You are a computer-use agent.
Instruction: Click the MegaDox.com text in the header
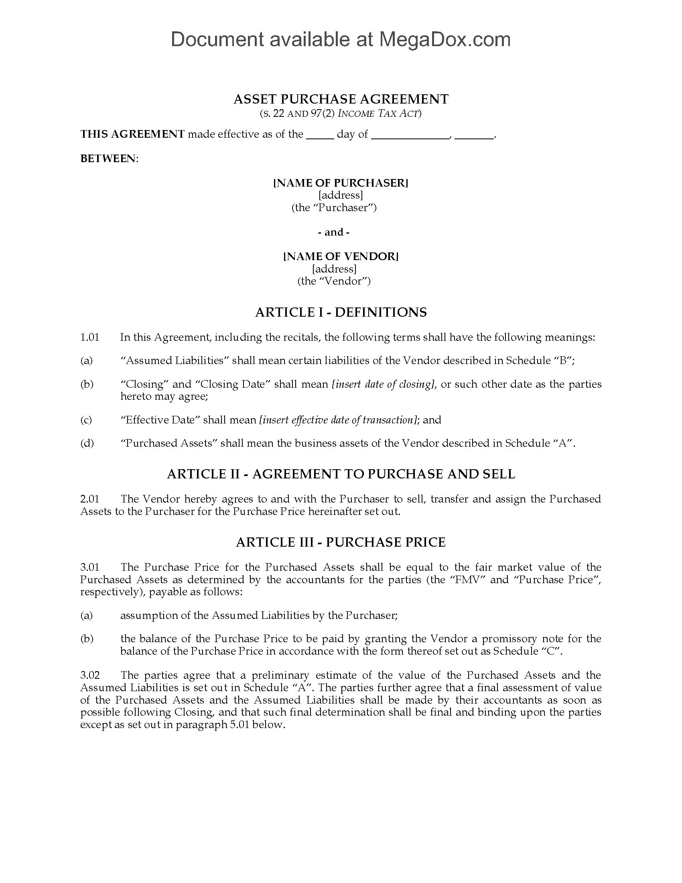click(445, 40)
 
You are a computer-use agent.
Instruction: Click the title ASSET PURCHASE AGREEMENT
click(341, 99)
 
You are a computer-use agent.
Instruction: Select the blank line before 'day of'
click(320, 135)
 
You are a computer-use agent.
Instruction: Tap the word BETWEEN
click(109, 159)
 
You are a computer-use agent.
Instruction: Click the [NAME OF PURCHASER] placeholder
click(341, 183)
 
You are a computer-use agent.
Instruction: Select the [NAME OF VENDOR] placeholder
click(341, 256)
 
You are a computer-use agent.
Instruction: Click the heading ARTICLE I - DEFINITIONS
click(341, 312)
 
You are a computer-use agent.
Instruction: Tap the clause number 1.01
click(90, 337)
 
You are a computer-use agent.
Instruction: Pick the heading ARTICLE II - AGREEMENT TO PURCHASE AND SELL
click(341, 474)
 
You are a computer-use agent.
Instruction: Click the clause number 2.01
click(90, 499)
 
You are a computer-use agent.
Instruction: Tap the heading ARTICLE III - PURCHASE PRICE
click(341, 542)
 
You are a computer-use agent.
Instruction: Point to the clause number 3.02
click(90, 675)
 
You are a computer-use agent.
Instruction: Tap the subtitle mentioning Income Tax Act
click(341, 114)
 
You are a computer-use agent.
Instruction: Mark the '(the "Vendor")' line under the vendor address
click(334, 281)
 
